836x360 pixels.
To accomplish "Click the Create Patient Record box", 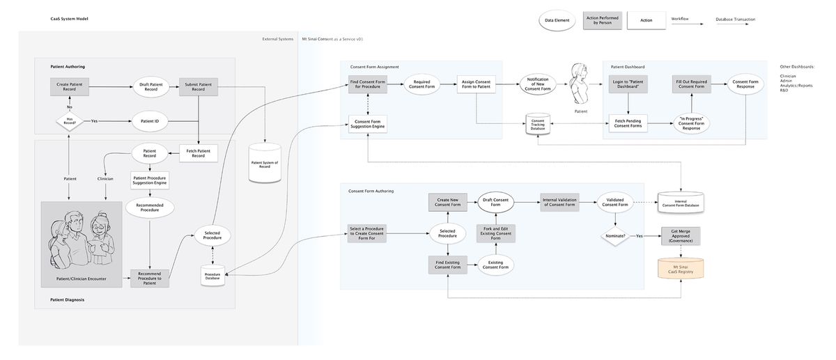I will click(x=68, y=86).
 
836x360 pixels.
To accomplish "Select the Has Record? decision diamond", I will click(x=70, y=121).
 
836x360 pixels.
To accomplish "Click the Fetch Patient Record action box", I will click(x=198, y=152).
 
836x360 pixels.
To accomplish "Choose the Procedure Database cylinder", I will click(x=212, y=275).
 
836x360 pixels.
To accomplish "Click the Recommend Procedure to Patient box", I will click(x=150, y=278).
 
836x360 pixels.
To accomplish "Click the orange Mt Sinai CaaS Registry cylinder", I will click(x=681, y=267).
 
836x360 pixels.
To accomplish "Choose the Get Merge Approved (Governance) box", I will click(x=681, y=236).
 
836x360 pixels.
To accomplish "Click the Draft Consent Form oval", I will click(x=496, y=202).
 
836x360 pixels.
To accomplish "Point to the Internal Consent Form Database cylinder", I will click(x=681, y=201).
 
